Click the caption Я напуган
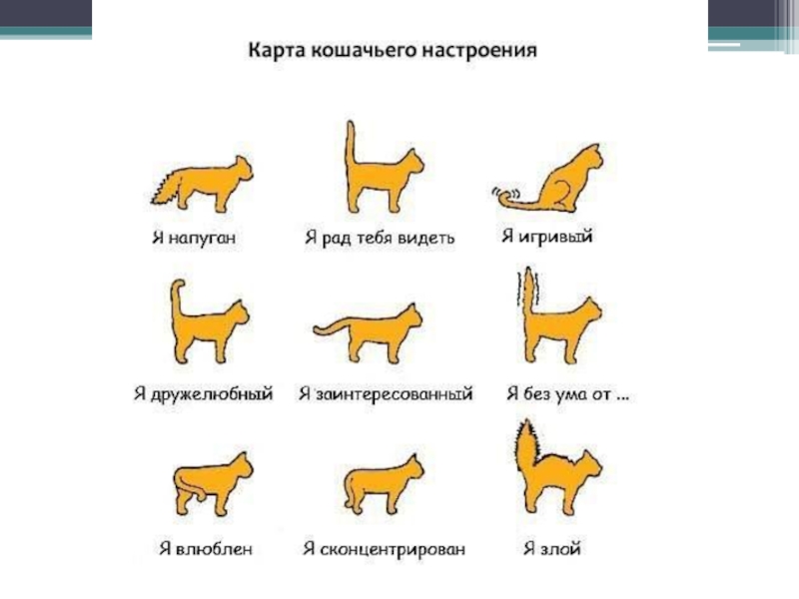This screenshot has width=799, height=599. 194,238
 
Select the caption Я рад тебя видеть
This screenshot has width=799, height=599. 380,238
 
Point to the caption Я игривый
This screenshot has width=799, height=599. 546,237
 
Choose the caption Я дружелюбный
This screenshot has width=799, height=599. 204,393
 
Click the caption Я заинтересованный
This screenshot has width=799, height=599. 386,393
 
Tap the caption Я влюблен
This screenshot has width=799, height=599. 206,549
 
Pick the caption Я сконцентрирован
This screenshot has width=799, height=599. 385,550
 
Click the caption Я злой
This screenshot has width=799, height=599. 552,549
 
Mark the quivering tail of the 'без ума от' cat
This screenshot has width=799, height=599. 529,291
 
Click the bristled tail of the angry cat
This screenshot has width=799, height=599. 526,445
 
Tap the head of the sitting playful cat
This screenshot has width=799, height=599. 591,158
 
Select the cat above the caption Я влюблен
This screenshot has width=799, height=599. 213,483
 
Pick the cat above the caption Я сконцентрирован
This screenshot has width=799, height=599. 384,484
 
